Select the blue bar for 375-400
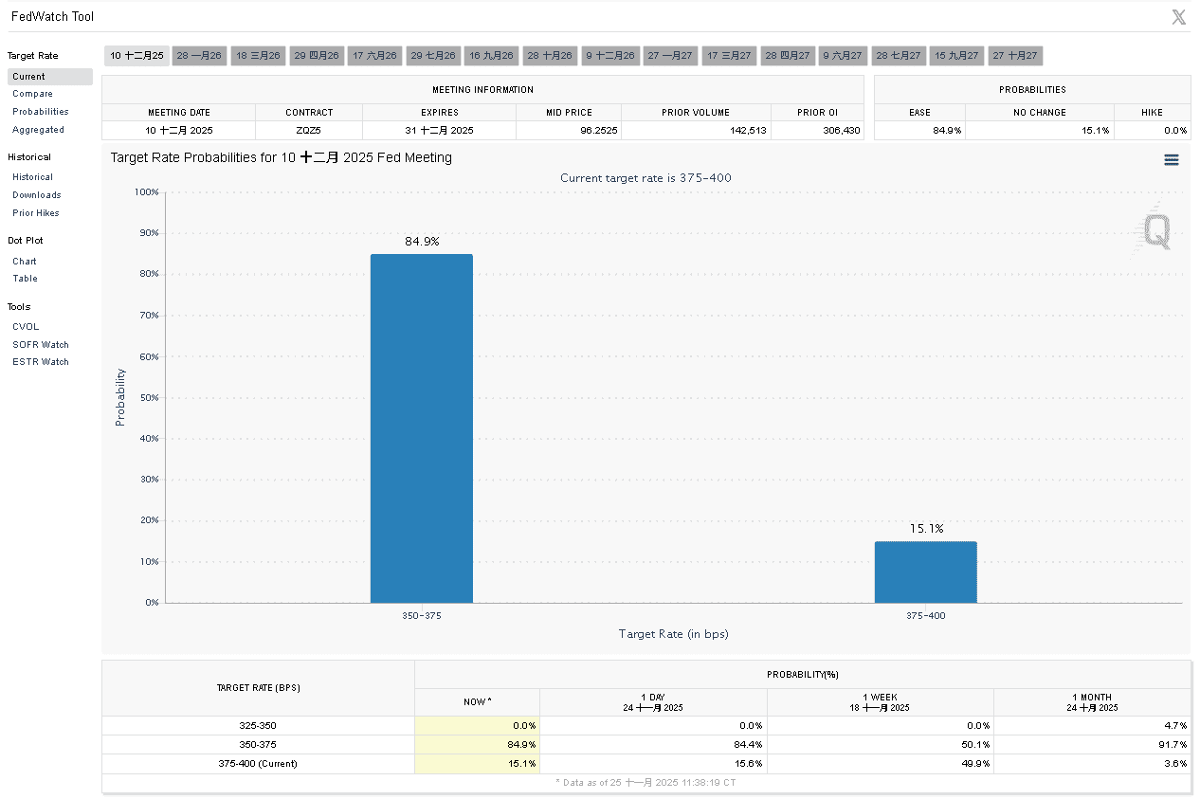[925, 572]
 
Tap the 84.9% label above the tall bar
[422, 242]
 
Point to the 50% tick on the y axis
[149, 398]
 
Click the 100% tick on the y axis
[147, 192]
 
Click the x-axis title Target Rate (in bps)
[673, 634]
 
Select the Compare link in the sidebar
[32, 94]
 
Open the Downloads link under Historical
[37, 195]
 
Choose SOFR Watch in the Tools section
[41, 345]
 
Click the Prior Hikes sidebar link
[36, 213]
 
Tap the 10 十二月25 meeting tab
[136, 56]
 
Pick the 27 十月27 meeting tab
[1015, 56]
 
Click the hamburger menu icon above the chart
[1172, 160]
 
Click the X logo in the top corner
[1178, 17]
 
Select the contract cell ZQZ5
[309, 130]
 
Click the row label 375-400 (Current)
[258, 764]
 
